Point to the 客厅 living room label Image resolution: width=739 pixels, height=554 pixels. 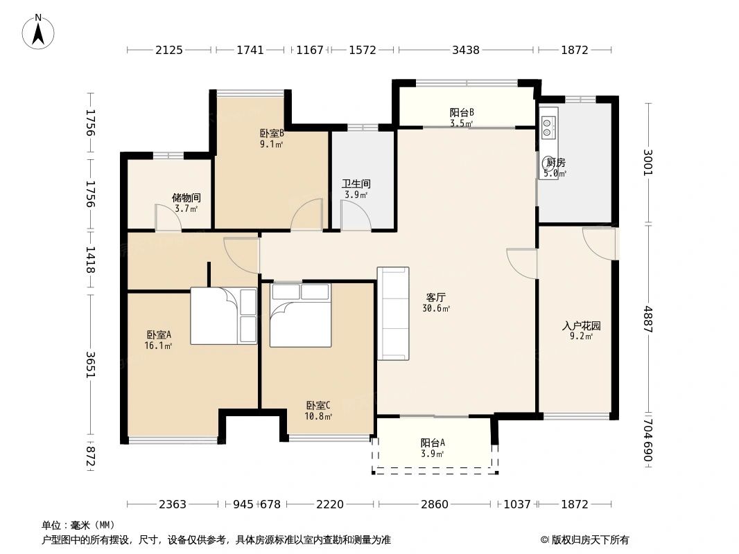coord(436,297)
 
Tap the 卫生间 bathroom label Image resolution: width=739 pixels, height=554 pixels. coord(356,184)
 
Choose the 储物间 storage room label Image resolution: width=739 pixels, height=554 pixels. coord(186,197)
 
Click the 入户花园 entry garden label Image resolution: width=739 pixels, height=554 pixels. coord(581,325)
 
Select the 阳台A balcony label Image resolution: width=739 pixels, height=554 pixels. coord(433,443)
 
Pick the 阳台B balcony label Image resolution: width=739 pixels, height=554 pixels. coord(461,112)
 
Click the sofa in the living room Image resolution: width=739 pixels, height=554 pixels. coord(393,314)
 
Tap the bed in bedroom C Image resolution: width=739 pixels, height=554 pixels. coord(300,314)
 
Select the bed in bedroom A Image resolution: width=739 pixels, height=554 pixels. coord(223,316)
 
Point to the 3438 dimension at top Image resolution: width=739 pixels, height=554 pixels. coord(466,50)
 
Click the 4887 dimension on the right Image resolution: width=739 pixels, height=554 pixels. coord(648,319)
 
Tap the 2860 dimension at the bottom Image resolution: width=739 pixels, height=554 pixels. coord(435,504)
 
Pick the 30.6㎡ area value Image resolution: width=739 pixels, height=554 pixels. coord(436,308)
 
